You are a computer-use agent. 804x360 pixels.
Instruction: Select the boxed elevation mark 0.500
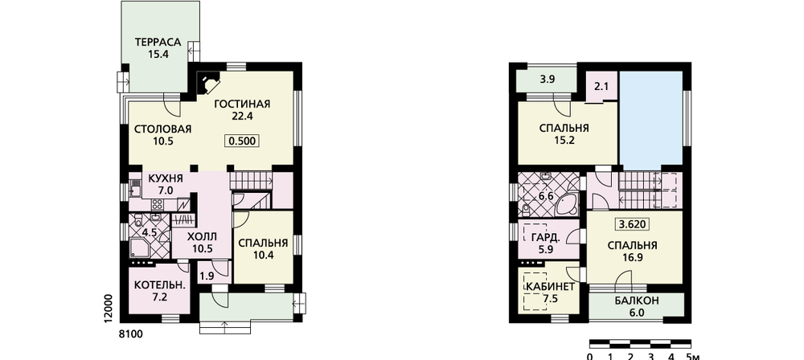point(241,141)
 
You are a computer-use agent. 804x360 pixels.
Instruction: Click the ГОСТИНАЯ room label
point(242,104)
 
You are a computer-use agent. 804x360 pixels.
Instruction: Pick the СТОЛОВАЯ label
point(162,129)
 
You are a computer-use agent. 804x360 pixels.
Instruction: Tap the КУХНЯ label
point(166,178)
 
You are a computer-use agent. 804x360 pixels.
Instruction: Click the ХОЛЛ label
point(203,237)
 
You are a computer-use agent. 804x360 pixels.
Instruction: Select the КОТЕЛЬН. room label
point(159,285)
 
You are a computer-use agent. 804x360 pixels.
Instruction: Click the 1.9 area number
point(207,276)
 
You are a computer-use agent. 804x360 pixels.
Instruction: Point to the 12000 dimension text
point(107,309)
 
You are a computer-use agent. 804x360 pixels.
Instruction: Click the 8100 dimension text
point(130,334)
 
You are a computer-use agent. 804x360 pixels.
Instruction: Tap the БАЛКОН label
point(636,301)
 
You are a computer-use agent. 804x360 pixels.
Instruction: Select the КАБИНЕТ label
point(550,287)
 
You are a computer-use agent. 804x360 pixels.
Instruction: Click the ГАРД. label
point(541,238)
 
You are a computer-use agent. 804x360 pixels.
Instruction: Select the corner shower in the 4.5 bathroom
point(139,248)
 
